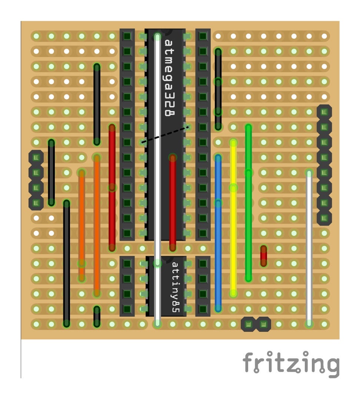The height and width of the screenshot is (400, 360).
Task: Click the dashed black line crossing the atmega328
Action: (165, 134)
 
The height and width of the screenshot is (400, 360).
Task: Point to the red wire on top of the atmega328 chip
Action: (173, 202)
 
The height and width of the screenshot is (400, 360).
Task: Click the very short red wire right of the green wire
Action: (263, 256)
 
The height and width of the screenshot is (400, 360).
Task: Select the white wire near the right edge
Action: (309, 248)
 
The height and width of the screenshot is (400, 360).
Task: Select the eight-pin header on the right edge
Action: (324, 165)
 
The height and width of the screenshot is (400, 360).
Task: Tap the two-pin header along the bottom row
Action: (256, 324)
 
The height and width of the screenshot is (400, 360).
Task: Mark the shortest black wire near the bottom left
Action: (97, 317)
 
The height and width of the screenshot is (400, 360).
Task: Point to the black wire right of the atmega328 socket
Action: (218, 89)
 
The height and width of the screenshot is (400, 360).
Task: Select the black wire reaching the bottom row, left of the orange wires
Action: (66, 263)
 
